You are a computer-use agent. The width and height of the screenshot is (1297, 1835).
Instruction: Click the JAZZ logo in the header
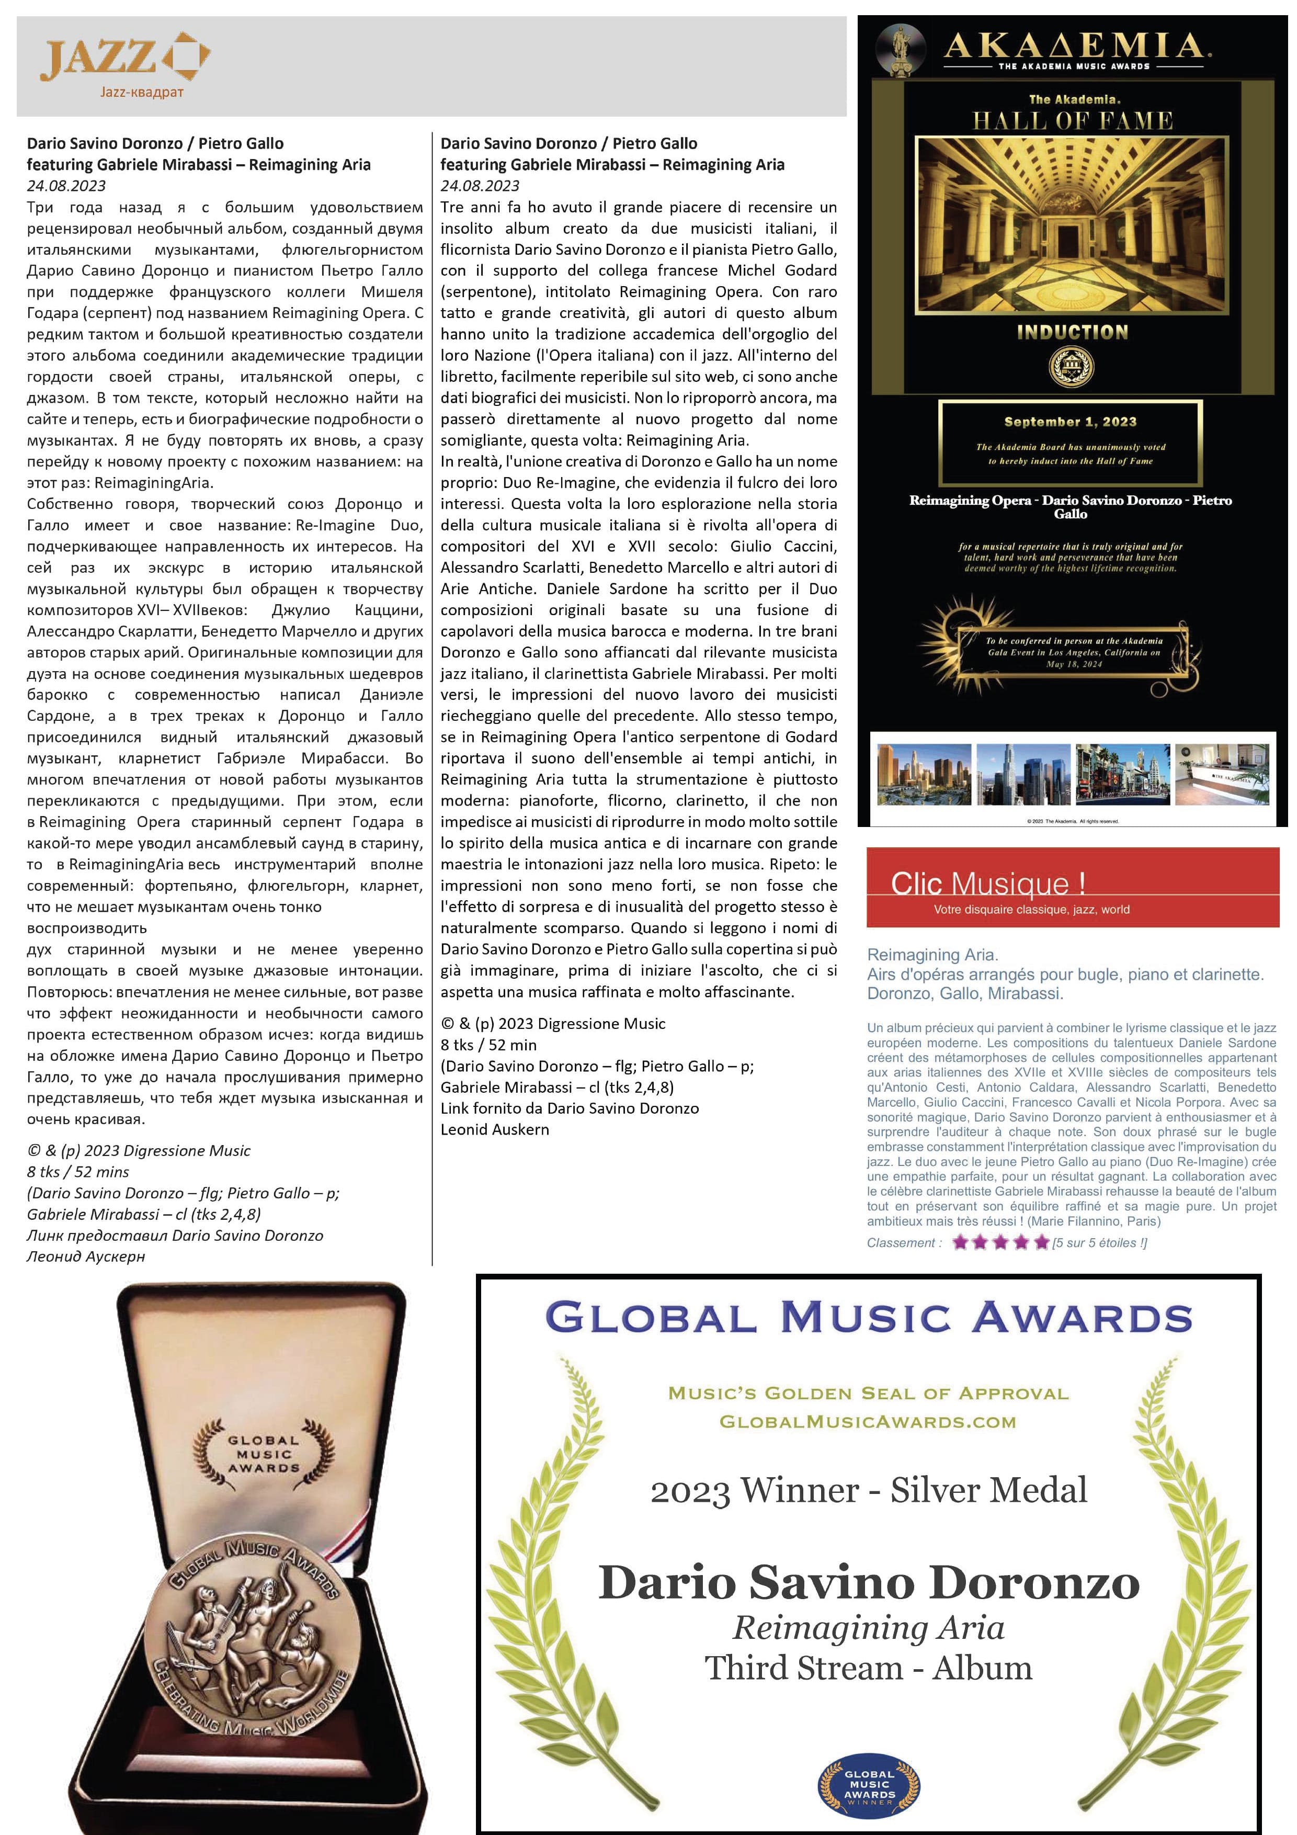(x=126, y=58)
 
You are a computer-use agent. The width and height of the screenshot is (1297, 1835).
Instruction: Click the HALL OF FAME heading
(x=1073, y=121)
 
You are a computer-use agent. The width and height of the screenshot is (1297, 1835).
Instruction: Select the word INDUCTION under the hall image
(x=1073, y=333)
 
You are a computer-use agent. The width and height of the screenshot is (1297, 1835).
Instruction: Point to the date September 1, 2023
(x=1070, y=421)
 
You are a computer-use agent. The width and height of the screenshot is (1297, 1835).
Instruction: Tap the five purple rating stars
(x=1000, y=1242)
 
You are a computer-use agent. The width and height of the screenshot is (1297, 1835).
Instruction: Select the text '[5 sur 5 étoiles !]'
(x=1100, y=1243)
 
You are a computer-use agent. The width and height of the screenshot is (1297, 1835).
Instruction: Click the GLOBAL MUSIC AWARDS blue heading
(x=869, y=1317)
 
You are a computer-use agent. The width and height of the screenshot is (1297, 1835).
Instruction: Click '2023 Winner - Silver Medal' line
(x=869, y=1490)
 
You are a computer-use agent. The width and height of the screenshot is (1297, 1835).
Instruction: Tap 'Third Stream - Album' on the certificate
(x=869, y=1668)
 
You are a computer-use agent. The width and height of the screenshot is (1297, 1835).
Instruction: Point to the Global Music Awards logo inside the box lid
(x=264, y=1455)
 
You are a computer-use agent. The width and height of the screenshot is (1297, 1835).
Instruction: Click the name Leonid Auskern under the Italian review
(x=495, y=1129)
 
